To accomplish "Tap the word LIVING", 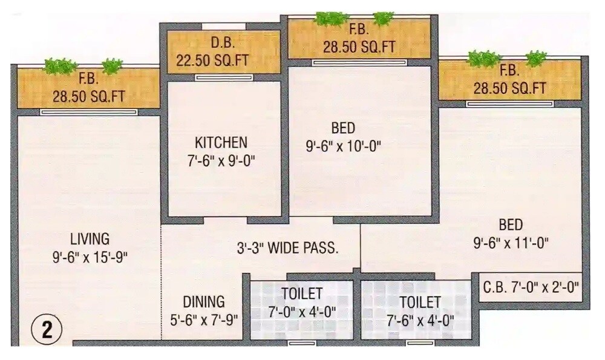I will [x=89, y=238].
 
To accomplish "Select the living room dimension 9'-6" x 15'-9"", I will [x=90, y=257].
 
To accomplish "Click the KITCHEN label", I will [x=221, y=142].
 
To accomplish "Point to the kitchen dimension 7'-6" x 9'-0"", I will [x=221, y=161].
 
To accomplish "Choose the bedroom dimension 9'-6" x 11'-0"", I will [x=511, y=243].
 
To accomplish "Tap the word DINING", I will [x=204, y=301].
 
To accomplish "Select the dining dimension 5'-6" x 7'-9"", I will [x=202, y=319].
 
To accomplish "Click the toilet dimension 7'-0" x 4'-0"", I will [x=301, y=312].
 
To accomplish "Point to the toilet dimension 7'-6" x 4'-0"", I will [x=419, y=319].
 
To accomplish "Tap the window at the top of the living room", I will [x=89, y=112].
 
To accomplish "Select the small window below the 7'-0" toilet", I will [x=302, y=343].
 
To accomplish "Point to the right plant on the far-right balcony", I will [x=535, y=59].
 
